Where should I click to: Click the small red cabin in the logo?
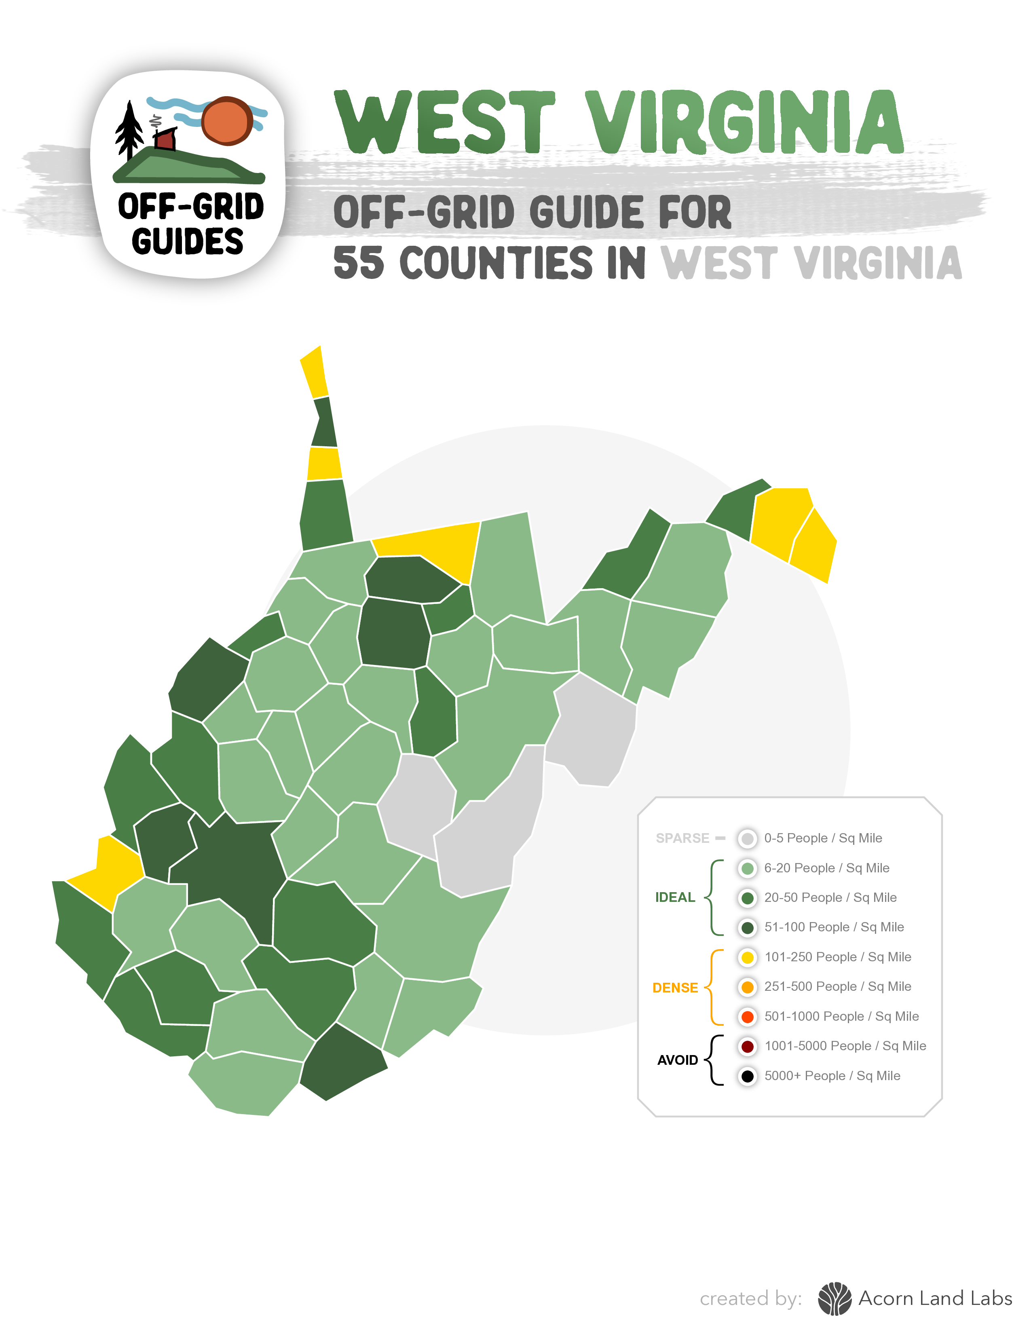pyautogui.click(x=165, y=139)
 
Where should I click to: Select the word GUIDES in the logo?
pyautogui.click(x=188, y=241)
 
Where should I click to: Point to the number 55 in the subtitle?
pyautogui.click(x=359, y=263)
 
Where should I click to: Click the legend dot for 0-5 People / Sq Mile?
pyautogui.click(x=747, y=838)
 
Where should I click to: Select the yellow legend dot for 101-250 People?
pyautogui.click(x=747, y=957)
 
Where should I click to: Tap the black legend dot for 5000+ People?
pyautogui.click(x=747, y=1076)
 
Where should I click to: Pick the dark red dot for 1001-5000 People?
pyautogui.click(x=747, y=1046)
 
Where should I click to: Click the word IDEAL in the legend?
pyautogui.click(x=675, y=897)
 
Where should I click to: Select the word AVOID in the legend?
pyautogui.click(x=677, y=1060)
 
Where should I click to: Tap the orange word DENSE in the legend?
pyautogui.click(x=675, y=988)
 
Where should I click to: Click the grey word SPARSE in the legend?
pyautogui.click(x=682, y=838)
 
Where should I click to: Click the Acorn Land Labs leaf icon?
pyautogui.click(x=835, y=1298)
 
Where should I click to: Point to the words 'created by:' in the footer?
pyautogui.click(x=751, y=1298)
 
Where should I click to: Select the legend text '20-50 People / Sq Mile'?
pyautogui.click(x=830, y=897)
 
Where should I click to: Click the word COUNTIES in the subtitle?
pyautogui.click(x=496, y=263)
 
